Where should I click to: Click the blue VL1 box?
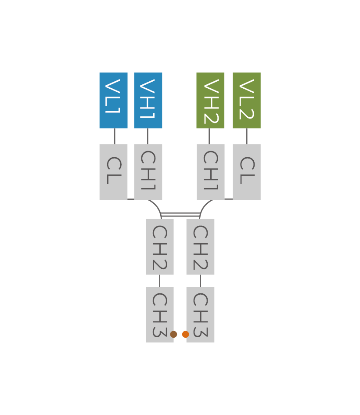click(113, 100)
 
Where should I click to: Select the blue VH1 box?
click(148, 100)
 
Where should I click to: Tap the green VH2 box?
click(210, 100)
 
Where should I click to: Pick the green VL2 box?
click(247, 100)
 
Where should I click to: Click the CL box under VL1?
click(113, 172)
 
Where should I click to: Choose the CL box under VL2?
click(247, 172)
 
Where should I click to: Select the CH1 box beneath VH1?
click(148, 172)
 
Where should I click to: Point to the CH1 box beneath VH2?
click(210, 172)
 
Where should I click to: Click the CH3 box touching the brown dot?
click(159, 314)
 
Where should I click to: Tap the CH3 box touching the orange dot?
click(201, 314)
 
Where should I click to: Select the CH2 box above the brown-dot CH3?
click(160, 246)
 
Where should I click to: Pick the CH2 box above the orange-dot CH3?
click(200, 246)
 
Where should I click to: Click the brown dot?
click(173, 334)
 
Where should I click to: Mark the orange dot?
click(185, 334)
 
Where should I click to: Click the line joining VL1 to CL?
click(115, 136)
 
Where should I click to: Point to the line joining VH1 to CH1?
click(148, 136)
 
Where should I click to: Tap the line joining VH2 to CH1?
click(209, 136)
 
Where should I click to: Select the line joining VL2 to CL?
click(246, 136)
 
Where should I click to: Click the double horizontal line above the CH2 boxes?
click(180, 214)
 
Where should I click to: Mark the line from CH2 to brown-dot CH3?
click(159, 281)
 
